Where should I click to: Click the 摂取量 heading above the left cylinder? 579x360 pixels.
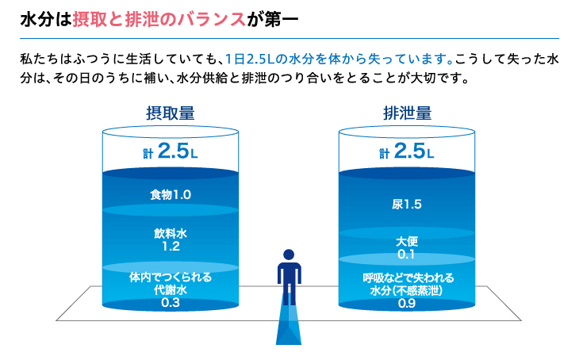[x=171, y=113]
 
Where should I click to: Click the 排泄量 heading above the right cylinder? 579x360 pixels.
[x=407, y=113]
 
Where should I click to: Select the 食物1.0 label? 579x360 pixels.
[x=171, y=194]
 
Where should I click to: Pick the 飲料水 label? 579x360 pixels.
[x=171, y=234]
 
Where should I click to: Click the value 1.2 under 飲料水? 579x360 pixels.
[x=171, y=247]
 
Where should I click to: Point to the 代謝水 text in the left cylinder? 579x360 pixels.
[x=171, y=290]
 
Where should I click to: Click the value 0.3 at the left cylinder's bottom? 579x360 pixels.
[x=171, y=303]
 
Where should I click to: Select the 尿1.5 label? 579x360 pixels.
[x=407, y=205]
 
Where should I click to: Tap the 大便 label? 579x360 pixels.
[x=407, y=241]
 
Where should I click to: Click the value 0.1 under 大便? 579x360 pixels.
[x=407, y=254]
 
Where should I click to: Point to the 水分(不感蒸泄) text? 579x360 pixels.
[x=408, y=290]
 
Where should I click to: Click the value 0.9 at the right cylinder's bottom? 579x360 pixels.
[x=407, y=303]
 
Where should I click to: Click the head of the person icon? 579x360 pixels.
[x=289, y=255]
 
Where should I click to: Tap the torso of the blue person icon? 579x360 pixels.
[x=289, y=274]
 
